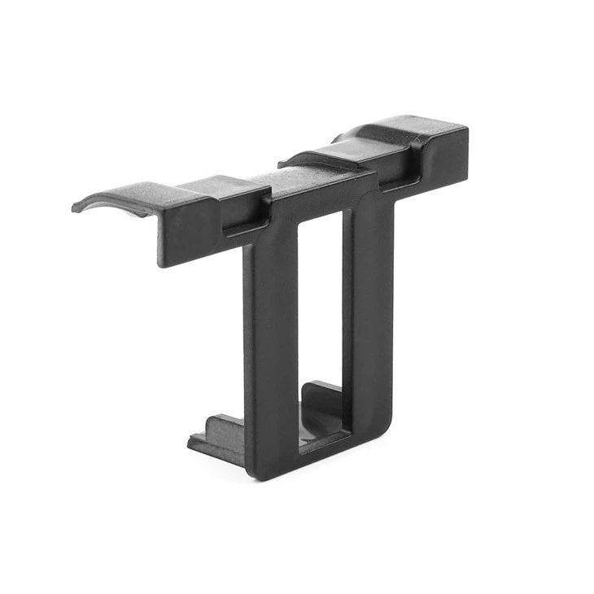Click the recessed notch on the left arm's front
pyautogui.click(x=244, y=213)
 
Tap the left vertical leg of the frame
pyautogui.click(x=273, y=342)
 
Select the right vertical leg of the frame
pyautogui.click(x=370, y=309)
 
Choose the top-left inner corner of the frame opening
pyautogui.click(x=300, y=224)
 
